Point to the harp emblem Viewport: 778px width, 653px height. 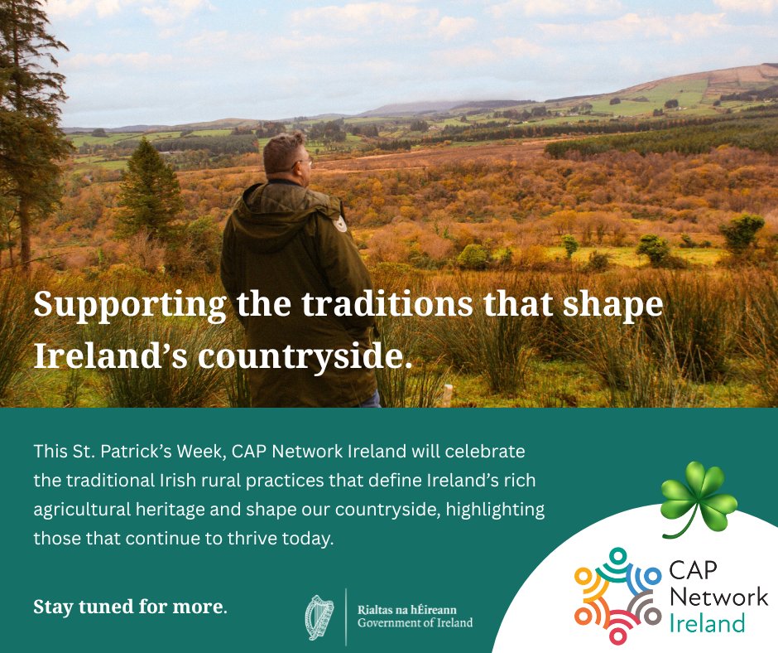tap(319, 616)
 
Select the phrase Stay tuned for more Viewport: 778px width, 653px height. tap(130, 606)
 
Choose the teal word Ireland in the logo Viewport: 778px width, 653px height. tap(707, 622)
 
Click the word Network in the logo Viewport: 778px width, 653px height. tap(718, 597)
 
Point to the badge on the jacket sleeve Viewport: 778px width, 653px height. tap(339, 224)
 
